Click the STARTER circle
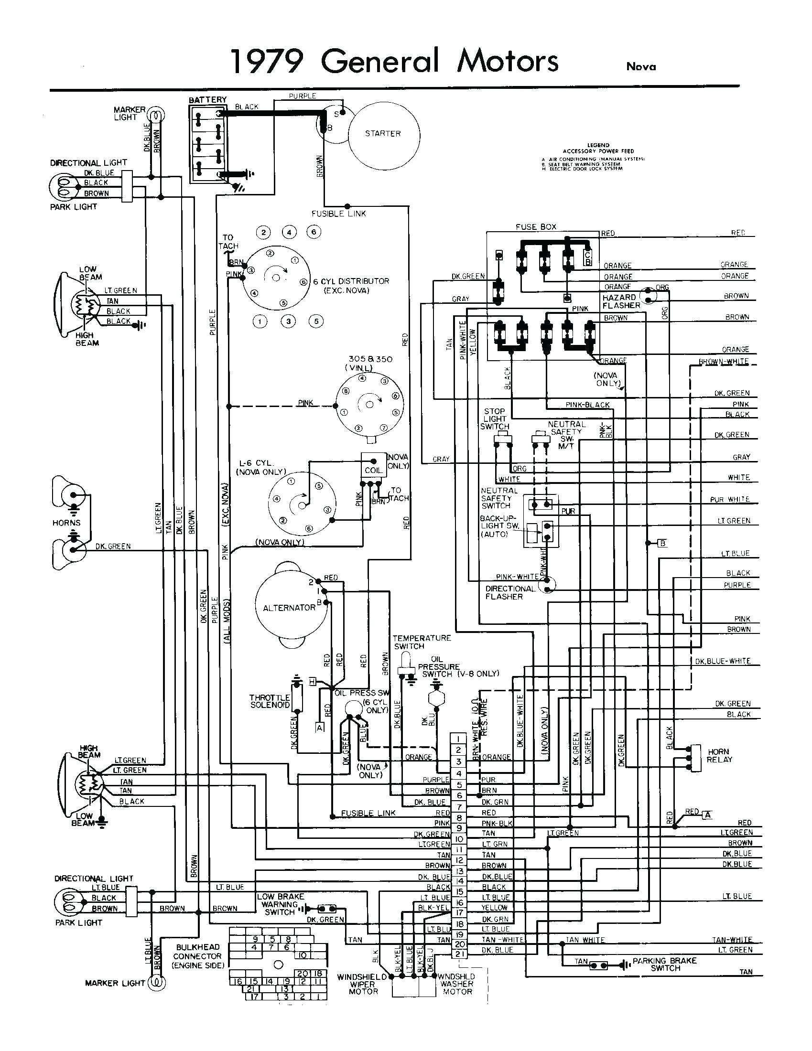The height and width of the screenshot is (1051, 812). [x=383, y=133]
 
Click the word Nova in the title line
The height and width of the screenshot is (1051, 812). [x=640, y=67]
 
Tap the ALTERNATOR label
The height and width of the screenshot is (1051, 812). [x=289, y=608]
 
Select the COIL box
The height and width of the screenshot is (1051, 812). [x=374, y=470]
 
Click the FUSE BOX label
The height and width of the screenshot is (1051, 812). [x=536, y=226]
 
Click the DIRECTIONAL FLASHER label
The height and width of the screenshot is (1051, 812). [x=510, y=592]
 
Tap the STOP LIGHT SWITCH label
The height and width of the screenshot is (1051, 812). [x=494, y=418]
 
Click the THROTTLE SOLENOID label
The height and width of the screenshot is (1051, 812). [x=270, y=701]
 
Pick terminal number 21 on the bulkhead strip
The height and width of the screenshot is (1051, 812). [x=459, y=954]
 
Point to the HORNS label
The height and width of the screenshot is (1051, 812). [x=67, y=523]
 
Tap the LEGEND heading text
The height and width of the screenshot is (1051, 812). [x=598, y=145]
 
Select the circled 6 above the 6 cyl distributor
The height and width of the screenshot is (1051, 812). [x=314, y=232]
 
